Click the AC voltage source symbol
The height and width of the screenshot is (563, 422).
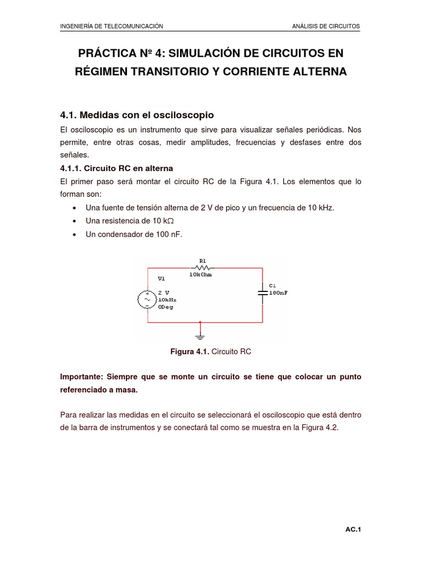(x=147, y=300)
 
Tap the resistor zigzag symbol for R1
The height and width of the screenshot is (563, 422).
(x=198, y=268)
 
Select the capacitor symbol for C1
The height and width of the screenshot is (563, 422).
(x=263, y=292)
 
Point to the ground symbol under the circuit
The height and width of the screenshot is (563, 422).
(x=200, y=334)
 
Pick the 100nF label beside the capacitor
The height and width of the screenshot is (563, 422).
(x=278, y=293)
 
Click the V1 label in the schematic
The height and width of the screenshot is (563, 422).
(x=162, y=279)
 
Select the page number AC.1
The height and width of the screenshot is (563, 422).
(x=352, y=529)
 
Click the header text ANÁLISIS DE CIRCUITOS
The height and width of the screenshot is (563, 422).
(x=326, y=26)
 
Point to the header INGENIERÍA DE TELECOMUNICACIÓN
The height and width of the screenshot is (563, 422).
(x=112, y=26)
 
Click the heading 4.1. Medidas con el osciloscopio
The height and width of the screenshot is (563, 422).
(x=136, y=115)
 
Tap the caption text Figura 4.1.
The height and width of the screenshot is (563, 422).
(x=190, y=351)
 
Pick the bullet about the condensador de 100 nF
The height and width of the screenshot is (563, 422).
(x=134, y=234)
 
